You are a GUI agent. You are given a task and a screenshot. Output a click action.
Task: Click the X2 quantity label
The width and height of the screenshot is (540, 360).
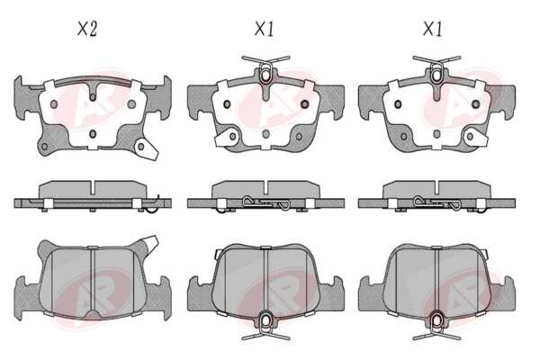(87, 29)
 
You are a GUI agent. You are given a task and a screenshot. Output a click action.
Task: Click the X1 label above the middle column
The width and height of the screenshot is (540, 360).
(264, 29)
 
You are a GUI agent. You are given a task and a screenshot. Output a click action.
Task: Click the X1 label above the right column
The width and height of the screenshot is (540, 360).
(433, 29)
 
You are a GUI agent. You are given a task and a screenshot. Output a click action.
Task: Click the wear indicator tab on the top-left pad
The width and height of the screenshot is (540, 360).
(147, 148)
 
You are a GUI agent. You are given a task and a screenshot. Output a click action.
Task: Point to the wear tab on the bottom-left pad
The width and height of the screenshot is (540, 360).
(149, 242)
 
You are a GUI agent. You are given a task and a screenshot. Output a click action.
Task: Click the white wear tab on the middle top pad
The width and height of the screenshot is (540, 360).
(226, 138)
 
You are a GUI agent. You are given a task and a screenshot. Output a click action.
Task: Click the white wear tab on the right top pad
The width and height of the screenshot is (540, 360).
(475, 138)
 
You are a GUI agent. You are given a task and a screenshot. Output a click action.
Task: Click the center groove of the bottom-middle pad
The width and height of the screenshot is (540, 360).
(265, 280)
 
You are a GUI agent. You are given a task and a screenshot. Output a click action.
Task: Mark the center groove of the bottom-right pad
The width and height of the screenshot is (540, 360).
(436, 280)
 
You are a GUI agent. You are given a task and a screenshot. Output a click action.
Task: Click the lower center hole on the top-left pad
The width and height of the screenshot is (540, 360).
(93, 134)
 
